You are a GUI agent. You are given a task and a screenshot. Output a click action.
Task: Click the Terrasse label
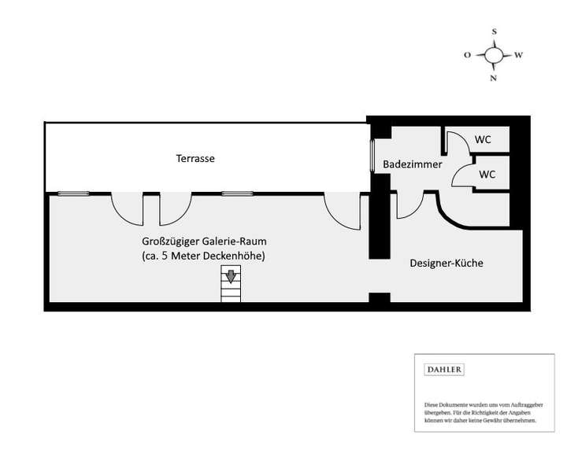[x=195, y=159]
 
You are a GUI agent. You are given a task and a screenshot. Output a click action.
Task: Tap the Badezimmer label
[x=412, y=165]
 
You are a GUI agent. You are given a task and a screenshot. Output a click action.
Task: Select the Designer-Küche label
[x=447, y=264]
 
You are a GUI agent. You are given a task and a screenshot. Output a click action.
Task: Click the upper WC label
[x=483, y=140]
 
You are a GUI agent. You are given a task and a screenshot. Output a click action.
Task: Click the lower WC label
[x=487, y=175]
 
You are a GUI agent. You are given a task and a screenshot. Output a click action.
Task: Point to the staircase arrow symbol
[x=231, y=276]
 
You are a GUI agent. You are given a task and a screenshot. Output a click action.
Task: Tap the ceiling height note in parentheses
[x=199, y=256]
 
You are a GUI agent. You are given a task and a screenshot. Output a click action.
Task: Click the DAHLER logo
[x=444, y=369]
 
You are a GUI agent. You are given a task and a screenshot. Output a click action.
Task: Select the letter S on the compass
[x=494, y=32]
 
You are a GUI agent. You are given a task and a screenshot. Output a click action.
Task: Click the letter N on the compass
[x=494, y=79]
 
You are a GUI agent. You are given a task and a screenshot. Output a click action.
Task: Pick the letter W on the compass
[x=518, y=56]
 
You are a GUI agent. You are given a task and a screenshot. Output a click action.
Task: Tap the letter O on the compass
[x=468, y=56]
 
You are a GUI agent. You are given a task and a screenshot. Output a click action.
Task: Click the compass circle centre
[x=494, y=55]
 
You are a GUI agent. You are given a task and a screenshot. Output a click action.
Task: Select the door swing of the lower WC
[x=461, y=175]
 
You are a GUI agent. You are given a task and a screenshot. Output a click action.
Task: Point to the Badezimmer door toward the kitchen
[x=409, y=205]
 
